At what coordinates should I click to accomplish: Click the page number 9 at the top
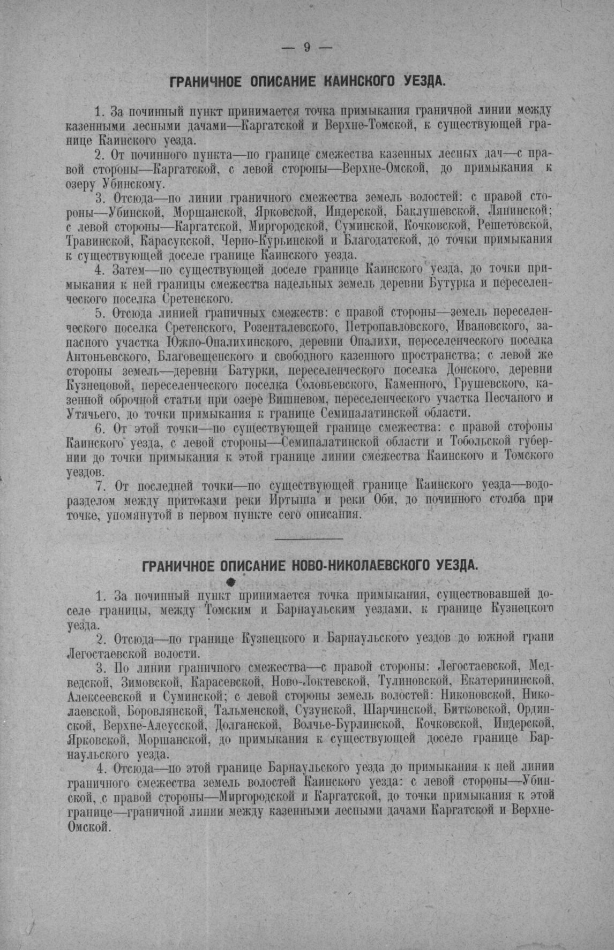click(x=307, y=48)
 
